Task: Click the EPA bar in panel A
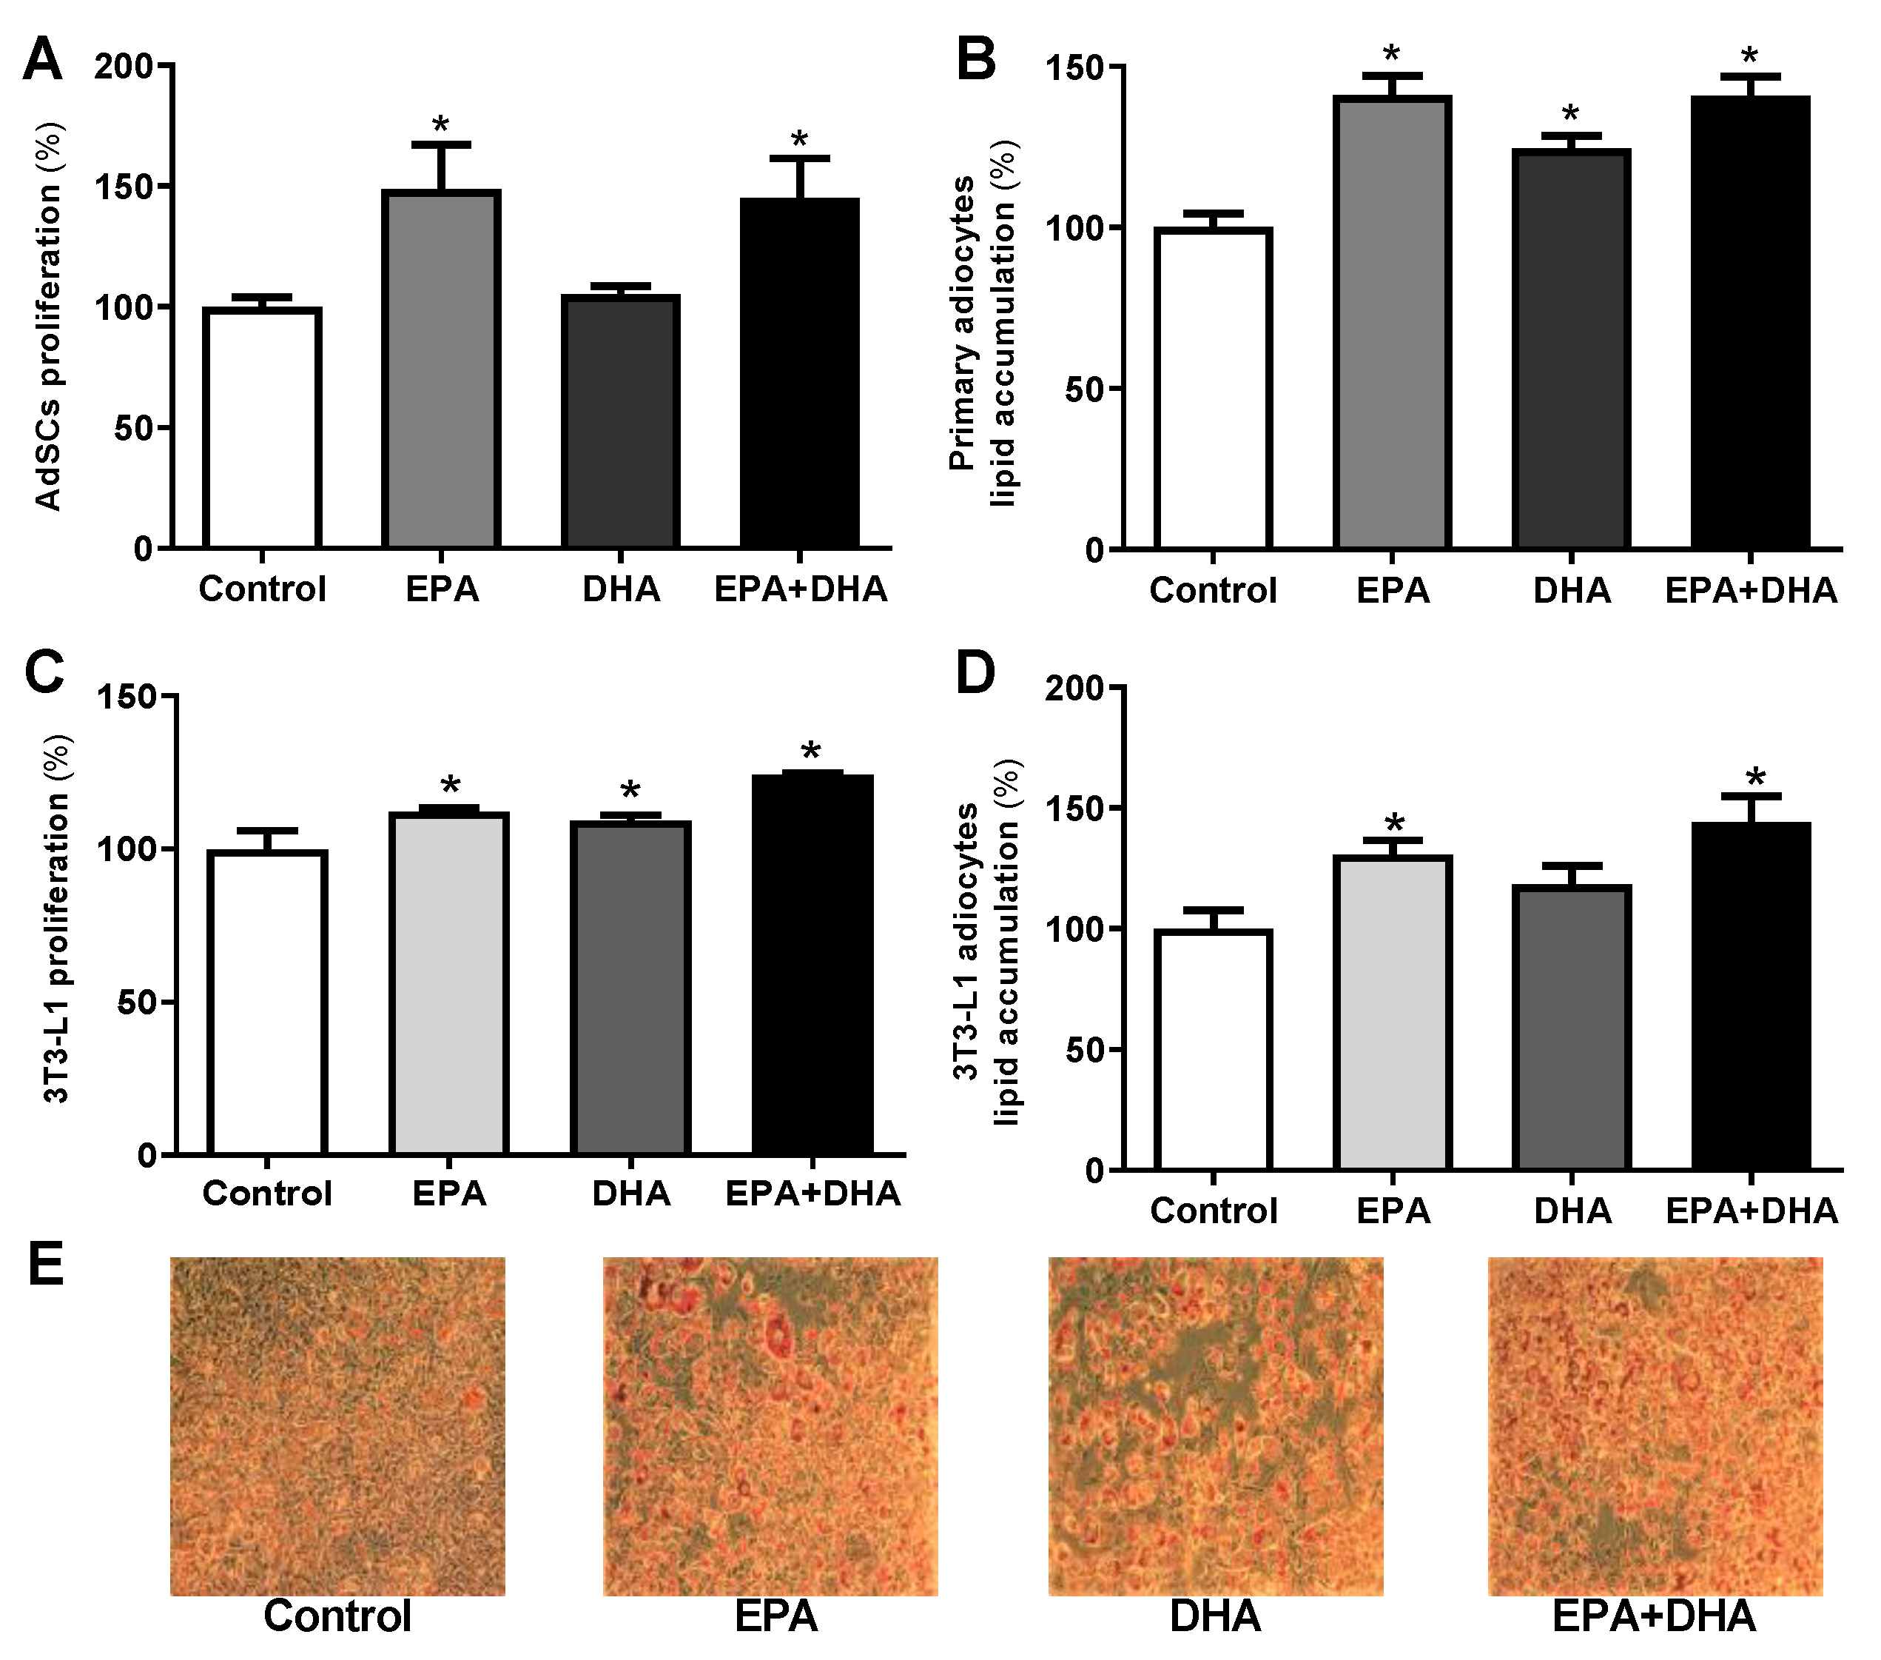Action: point(442,368)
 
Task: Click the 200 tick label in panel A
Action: point(124,67)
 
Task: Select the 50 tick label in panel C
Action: point(137,1002)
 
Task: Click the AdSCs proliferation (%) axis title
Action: point(48,316)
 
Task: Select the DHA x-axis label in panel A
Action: point(621,589)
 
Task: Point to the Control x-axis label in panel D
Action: point(1214,1211)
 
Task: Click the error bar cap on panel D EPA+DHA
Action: point(1752,795)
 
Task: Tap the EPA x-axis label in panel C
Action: point(448,1194)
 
